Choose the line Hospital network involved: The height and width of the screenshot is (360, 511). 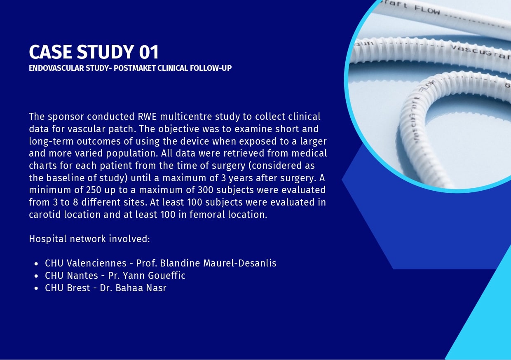point(89,239)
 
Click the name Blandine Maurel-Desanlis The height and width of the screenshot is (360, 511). point(218,263)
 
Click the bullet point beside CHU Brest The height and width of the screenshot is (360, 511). point(36,288)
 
